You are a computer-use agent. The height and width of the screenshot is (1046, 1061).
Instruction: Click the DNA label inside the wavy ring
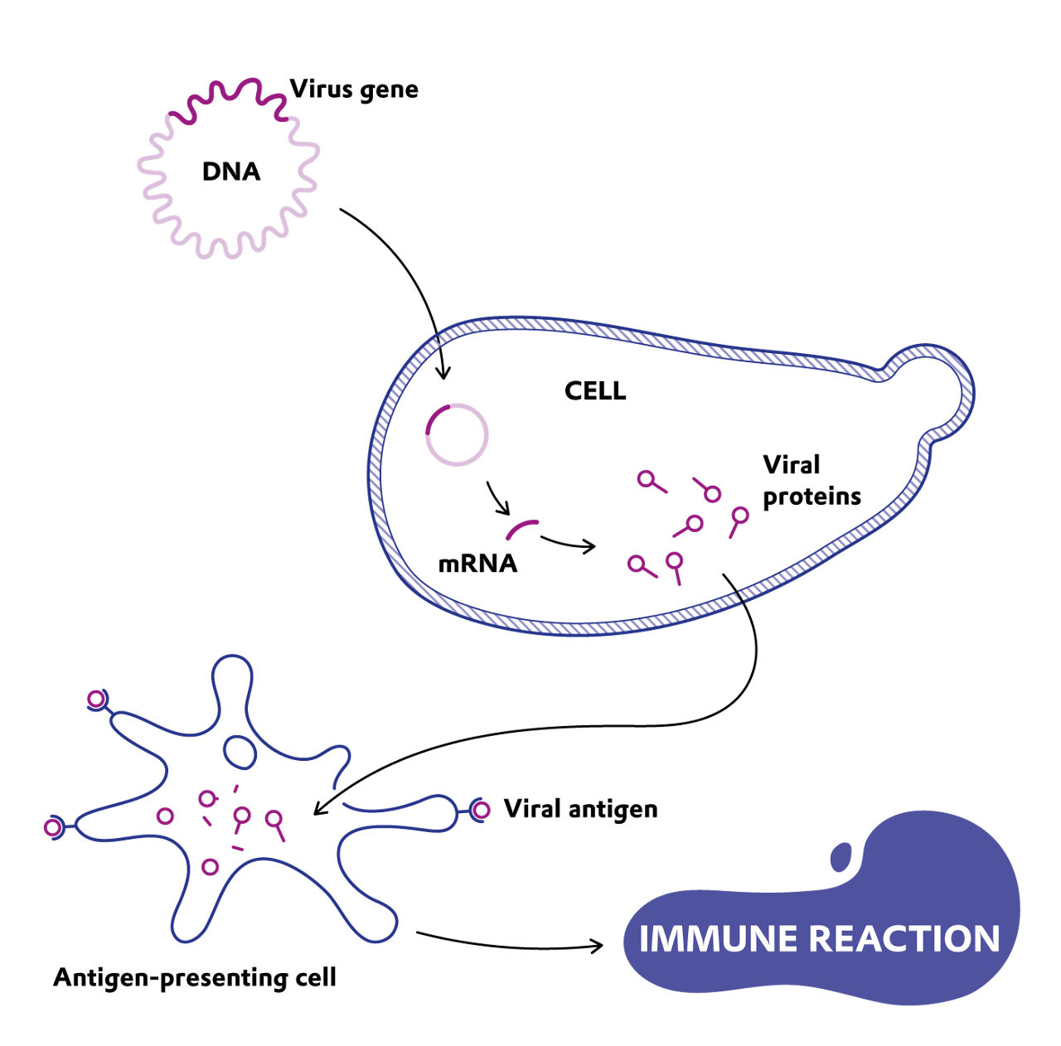pos(231,172)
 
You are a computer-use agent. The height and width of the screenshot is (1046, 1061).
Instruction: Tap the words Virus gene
pos(354,90)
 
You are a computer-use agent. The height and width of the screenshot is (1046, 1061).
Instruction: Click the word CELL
pos(595,391)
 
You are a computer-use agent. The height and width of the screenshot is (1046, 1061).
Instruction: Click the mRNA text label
pos(477,564)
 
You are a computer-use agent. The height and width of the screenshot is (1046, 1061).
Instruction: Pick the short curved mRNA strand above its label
pos(522,528)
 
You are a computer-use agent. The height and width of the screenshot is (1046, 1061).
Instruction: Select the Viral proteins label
pos(811,481)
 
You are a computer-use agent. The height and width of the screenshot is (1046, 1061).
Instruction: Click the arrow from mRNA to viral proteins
pos(569,544)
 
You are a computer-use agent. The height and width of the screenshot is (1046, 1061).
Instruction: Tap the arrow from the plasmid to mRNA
pos(499,499)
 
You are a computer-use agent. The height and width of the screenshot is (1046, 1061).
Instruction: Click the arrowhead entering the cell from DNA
pos(443,373)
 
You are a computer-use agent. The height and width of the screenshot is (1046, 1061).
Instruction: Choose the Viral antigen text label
pos(580,809)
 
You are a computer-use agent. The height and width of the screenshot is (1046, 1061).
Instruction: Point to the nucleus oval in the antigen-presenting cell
pos(240,751)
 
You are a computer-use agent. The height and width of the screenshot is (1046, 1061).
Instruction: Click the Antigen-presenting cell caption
pos(195,978)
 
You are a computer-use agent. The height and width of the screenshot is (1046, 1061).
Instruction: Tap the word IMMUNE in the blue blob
pos(718,939)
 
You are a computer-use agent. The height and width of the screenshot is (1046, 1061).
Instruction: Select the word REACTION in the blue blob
pos(904,939)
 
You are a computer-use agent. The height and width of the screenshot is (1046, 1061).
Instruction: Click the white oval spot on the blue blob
pos(841,856)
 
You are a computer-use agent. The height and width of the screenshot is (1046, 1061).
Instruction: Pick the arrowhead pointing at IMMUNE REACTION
pos(596,945)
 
